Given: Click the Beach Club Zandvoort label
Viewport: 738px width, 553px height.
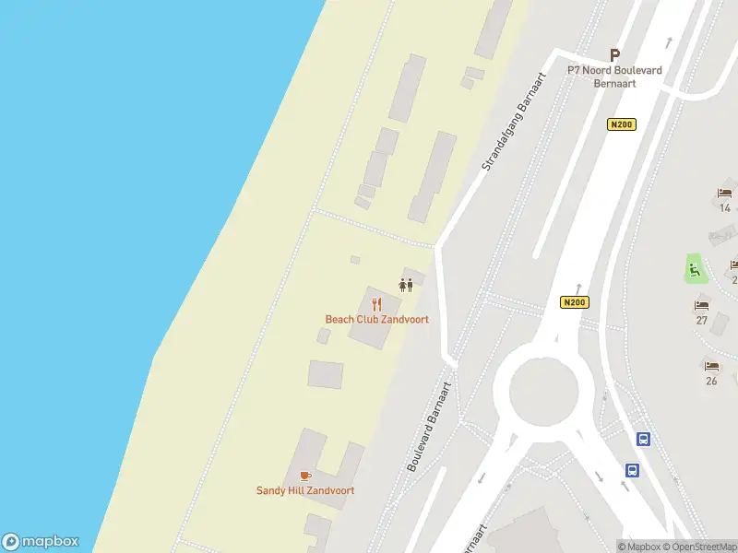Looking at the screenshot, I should coord(376,320).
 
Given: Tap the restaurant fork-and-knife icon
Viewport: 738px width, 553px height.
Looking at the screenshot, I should coord(376,303).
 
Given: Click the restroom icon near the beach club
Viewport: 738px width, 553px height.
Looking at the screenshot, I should coord(405,284).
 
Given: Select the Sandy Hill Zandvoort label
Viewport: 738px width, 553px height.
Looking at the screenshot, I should coord(305,491).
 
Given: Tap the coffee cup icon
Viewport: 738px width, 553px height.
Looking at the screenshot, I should coord(305,476).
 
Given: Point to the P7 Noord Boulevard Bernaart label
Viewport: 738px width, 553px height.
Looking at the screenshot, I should coord(614,76).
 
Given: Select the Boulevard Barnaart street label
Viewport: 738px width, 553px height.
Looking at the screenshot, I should coord(429,427).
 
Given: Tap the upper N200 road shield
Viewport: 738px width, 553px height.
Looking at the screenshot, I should coord(622,124).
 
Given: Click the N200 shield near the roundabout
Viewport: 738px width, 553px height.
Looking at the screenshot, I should coord(574,302).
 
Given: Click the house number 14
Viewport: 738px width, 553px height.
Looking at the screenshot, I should coord(725,208).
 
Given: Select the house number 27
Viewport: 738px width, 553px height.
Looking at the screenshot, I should coord(702,320).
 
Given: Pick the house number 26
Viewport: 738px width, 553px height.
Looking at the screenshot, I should coord(711,381).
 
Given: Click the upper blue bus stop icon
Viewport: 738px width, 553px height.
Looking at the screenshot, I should coord(643,440).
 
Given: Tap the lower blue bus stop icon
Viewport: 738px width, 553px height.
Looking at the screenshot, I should coord(633,469).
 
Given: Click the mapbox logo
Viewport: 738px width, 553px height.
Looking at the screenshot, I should coord(41,542).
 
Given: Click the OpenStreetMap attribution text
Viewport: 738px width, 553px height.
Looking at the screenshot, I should coord(705,547).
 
